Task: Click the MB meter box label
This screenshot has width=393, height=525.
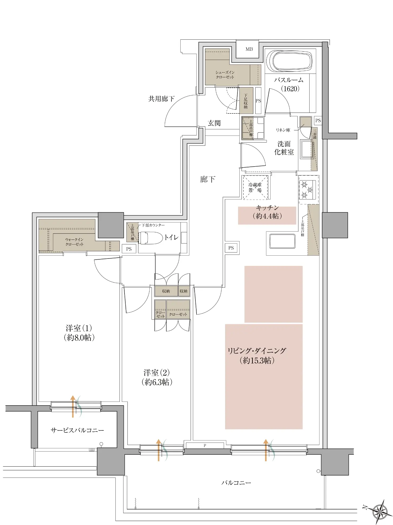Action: (x=249, y=49)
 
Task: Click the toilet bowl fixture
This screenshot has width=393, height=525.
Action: (x=151, y=238)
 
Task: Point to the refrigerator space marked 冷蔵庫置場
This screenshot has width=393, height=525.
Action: (x=255, y=187)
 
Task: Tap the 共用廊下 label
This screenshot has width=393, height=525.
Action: (x=161, y=99)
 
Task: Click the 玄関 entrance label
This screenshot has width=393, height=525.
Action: (x=214, y=123)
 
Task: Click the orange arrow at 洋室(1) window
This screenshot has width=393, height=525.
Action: (x=73, y=406)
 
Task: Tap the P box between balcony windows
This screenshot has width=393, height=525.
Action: (x=205, y=446)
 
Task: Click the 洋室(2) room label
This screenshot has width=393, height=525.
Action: (x=157, y=377)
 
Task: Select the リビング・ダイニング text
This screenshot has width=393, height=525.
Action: (x=257, y=351)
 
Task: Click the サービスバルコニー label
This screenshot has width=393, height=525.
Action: (x=77, y=430)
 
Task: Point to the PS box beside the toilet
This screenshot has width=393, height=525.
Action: (x=129, y=249)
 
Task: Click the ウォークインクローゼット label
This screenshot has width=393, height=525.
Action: (x=74, y=242)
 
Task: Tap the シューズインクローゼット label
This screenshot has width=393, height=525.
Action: (x=225, y=75)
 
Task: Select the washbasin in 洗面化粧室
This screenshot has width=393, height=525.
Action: (x=307, y=149)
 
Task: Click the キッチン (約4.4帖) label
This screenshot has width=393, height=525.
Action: (x=267, y=212)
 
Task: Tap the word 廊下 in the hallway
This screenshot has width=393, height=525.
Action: (x=208, y=179)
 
